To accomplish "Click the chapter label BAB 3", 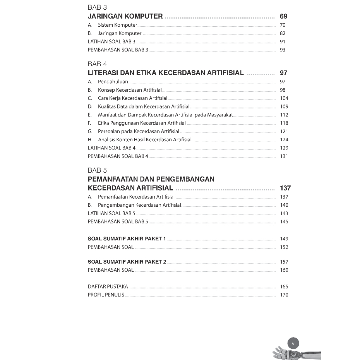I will click(97, 7).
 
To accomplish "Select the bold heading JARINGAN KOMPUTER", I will click(125, 16).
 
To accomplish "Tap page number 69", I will click(283, 16).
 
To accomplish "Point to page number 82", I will click(283, 33).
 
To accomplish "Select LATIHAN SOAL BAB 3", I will click(111, 41).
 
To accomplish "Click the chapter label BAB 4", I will click(97, 64).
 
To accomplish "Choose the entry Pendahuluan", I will click(113, 82).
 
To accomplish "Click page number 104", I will click(284, 98).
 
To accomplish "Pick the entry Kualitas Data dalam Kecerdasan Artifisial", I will click(144, 106).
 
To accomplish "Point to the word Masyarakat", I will click(220, 115).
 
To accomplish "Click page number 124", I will click(284, 140).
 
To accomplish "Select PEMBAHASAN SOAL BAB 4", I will click(118, 156).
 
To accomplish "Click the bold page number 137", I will click(285, 188).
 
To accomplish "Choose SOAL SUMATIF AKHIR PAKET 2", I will click(127, 262).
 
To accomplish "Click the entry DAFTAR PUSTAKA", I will click(108, 287).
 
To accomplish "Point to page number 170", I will click(284, 295).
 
